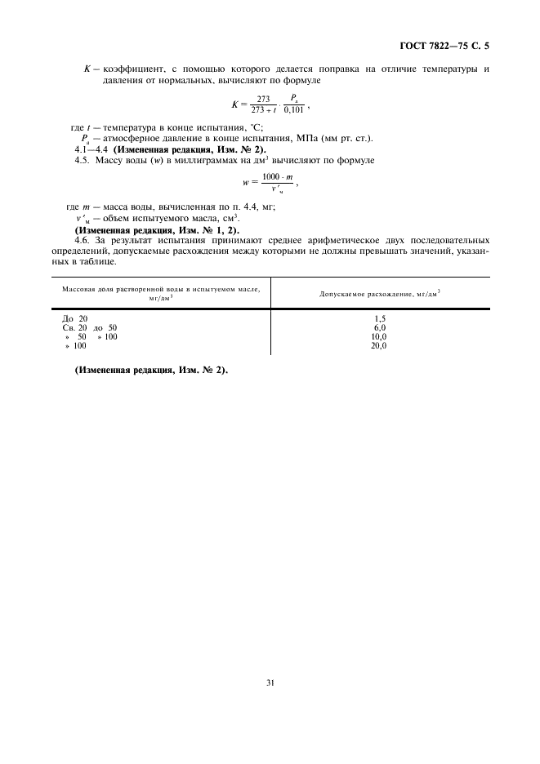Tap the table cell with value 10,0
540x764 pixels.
pos(379,336)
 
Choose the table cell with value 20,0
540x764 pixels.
pos(379,346)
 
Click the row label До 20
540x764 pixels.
pos(75,318)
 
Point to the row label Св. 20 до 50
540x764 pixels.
pos(90,327)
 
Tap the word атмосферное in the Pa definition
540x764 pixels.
pos(136,137)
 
